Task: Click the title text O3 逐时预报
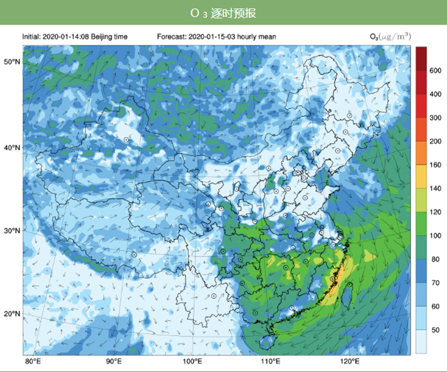point(223,13)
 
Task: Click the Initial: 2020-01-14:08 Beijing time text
point(75,37)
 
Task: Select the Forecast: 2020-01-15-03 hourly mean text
point(216,37)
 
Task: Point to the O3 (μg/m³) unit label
point(390,37)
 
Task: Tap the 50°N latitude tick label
point(12,62)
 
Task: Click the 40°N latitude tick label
point(12,148)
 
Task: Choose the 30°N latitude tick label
point(12,231)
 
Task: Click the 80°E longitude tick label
point(32,361)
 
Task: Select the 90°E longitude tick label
point(114,361)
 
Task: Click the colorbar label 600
point(435,71)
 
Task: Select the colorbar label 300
point(435,118)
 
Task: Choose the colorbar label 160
point(435,165)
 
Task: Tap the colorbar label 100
point(435,235)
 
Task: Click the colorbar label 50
point(435,330)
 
